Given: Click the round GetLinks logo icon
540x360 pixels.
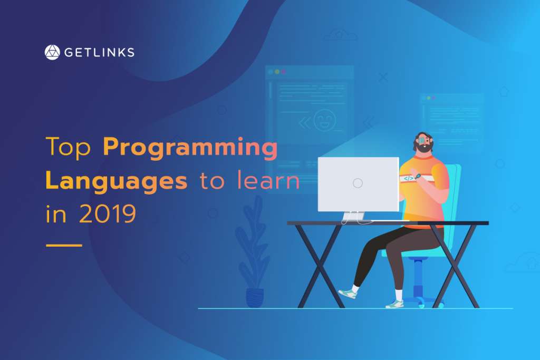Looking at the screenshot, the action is click(52, 52).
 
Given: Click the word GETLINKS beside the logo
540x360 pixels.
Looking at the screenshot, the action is click(99, 52).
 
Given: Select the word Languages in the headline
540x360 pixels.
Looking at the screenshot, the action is click(117, 181).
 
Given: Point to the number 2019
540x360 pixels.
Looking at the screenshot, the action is click(108, 213).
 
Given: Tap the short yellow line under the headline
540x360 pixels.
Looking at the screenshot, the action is click(64, 246).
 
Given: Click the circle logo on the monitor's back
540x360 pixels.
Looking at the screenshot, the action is click(358, 183).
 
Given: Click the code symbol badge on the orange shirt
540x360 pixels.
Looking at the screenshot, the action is click(409, 179).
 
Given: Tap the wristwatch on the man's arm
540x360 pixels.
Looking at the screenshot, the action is click(418, 177).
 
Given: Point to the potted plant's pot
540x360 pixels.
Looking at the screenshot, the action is click(255, 298).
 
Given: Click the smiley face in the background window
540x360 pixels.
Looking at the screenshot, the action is click(324, 120).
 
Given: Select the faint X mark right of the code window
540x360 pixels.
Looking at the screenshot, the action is click(383, 77).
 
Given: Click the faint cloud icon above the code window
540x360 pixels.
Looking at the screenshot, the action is click(340, 35).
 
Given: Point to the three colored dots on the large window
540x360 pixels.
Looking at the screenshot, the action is click(277, 72).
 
